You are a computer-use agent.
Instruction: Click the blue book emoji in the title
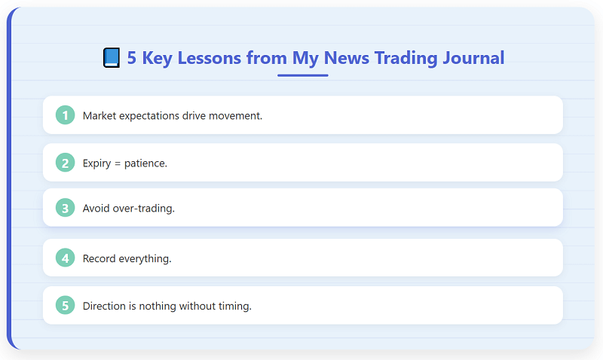[112, 58]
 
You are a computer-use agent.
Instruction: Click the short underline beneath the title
[302, 75]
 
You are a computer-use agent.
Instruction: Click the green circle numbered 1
[66, 115]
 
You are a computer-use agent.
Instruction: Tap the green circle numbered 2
[66, 163]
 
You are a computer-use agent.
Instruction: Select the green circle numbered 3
[66, 208]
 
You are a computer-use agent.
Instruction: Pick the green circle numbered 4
[66, 258]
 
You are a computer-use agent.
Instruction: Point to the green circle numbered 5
[66, 306]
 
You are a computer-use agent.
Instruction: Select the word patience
[146, 163]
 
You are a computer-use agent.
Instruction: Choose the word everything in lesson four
[146, 259]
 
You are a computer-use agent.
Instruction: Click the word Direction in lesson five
[105, 306]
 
